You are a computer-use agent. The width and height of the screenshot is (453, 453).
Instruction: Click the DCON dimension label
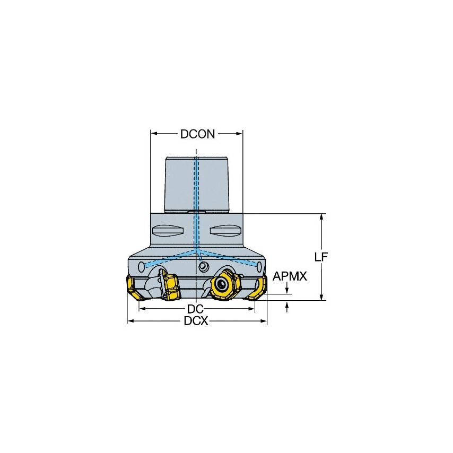point(197,134)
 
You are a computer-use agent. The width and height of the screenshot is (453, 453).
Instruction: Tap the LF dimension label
point(321,257)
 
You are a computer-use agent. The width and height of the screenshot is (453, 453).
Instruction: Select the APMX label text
point(290,276)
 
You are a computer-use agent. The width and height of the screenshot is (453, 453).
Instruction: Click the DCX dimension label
point(196,321)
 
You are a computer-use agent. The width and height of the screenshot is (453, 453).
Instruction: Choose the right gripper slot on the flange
point(225,231)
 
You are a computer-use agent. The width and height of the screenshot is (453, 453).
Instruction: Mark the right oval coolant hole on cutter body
point(260,265)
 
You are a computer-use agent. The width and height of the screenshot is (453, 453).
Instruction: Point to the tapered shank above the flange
point(196,183)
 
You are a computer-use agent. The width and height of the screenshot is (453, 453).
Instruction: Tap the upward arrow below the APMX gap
point(288,306)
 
